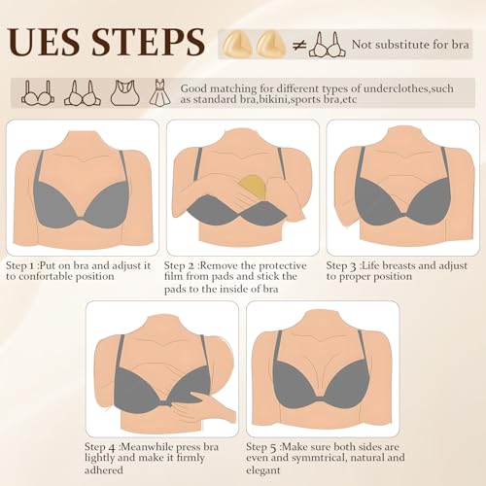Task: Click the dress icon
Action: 159,92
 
